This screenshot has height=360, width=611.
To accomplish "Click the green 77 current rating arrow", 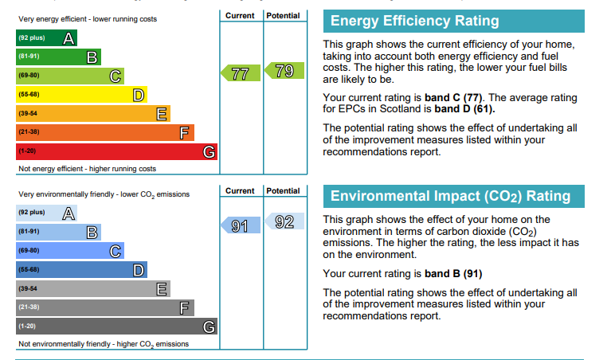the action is click(241, 72).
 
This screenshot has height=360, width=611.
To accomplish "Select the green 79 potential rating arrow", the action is click(284, 71).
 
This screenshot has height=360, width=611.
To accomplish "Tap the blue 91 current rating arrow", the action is click(241, 225).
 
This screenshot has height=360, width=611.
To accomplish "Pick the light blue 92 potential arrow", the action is click(284, 221).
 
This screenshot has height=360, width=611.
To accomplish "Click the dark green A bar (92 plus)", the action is click(46, 37).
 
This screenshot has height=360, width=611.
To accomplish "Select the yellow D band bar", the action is click(81, 94).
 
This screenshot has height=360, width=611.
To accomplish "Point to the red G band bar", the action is click(116, 151).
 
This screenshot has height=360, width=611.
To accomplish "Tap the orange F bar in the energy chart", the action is click(105, 132).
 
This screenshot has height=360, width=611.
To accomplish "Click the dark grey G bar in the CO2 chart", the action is click(116, 326).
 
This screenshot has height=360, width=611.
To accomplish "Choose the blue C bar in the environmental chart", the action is click(70, 251).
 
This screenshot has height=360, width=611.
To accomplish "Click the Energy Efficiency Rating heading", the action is click(414, 21).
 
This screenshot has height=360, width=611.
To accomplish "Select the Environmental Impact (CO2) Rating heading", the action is click(450, 196).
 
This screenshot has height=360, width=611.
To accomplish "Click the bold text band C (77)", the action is click(453, 97).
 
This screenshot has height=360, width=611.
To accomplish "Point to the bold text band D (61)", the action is click(464, 108).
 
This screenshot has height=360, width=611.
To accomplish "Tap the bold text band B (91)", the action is click(453, 273).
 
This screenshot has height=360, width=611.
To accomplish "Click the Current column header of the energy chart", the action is click(240, 16).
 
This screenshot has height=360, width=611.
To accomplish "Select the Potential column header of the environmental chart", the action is click(283, 191).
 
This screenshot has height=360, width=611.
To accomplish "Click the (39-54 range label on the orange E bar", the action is click(28, 113).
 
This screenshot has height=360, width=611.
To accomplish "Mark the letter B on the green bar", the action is click(92, 57).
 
